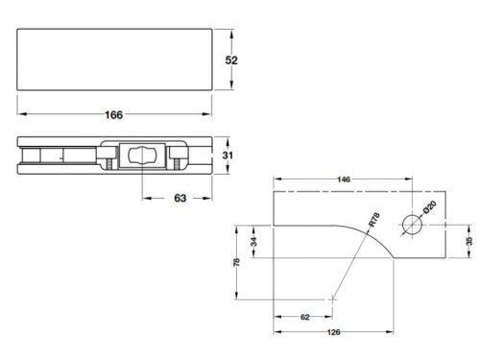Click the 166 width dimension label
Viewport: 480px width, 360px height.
click(113, 115)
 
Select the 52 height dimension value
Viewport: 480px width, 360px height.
click(230, 60)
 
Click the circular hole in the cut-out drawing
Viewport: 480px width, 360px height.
click(413, 228)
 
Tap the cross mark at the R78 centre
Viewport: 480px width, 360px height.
click(332, 299)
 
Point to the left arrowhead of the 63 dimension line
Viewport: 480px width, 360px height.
click(145, 200)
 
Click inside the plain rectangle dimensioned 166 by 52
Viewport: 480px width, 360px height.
click(113, 60)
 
